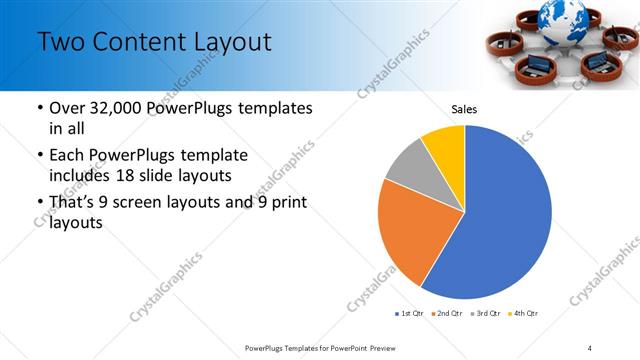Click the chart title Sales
[464, 109]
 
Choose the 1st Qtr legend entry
[410, 314]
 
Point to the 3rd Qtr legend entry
[487, 314]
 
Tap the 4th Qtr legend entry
[525, 314]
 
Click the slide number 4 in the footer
[589, 347]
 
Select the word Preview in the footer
[378, 347]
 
